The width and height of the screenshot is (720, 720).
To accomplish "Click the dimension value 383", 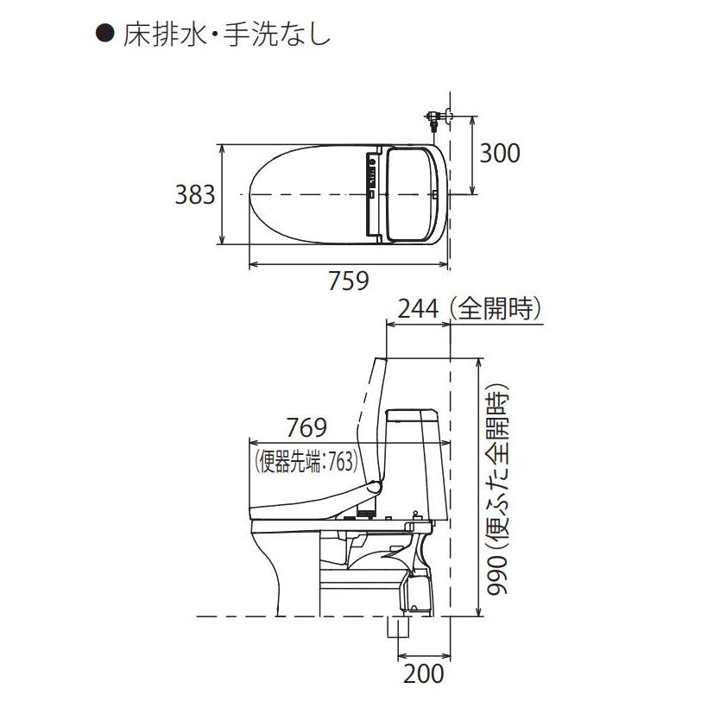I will point(195,196).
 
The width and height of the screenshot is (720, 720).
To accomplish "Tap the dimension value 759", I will point(349,281).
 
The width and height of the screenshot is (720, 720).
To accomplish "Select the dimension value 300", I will point(500,153).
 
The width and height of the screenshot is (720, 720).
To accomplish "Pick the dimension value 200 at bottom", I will point(424,673).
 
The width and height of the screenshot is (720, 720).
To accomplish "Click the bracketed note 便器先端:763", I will point(306,462).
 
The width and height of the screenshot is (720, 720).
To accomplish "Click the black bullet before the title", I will point(104,36).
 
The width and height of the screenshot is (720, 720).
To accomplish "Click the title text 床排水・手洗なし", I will point(224,36).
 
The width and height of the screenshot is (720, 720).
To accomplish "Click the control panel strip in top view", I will point(372,182).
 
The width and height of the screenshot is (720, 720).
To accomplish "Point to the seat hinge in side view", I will point(376,489).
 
